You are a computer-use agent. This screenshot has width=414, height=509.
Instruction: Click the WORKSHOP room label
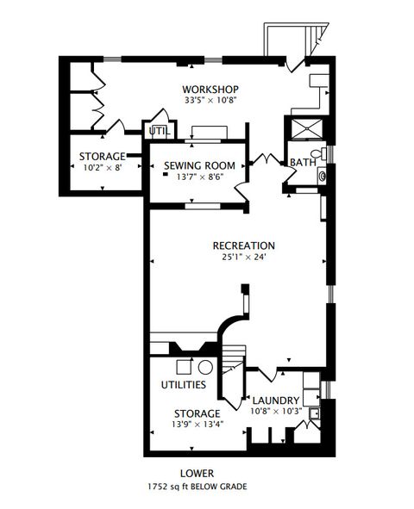[210, 90]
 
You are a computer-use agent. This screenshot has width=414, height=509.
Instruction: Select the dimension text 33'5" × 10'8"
[210, 101]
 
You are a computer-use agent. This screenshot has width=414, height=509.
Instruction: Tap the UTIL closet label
[159, 131]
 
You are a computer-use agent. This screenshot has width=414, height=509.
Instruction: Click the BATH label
[302, 162]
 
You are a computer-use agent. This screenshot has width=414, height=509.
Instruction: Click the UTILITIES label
[183, 384]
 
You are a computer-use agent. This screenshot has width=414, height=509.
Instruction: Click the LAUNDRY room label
[275, 400]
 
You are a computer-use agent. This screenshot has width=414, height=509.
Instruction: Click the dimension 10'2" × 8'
[102, 168]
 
